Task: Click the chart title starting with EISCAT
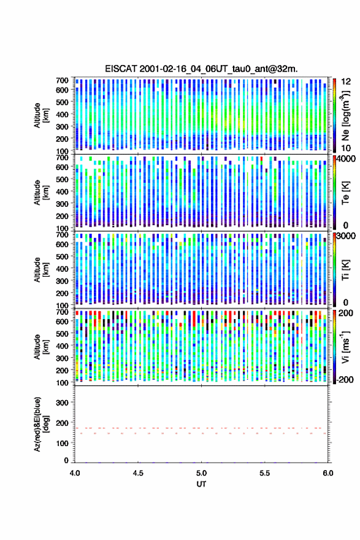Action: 201,69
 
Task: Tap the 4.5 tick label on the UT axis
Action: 138,473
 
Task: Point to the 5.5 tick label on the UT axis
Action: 265,473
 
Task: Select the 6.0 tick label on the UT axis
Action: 328,473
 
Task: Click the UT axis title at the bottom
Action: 201,484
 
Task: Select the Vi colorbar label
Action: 345,347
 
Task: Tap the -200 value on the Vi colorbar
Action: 345,379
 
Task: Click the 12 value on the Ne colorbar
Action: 346,82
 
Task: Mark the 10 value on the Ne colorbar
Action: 346,148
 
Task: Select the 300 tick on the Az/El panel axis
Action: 63,403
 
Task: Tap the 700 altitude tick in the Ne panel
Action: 63,80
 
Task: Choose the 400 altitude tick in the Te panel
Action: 63,191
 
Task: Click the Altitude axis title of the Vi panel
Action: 41,347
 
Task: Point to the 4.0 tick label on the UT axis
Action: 75,473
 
